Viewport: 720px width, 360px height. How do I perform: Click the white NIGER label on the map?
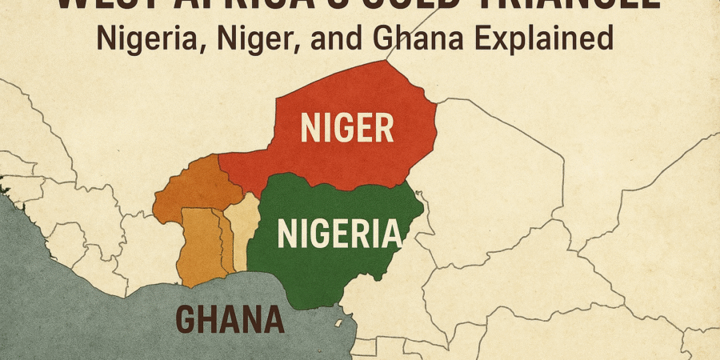[347, 128]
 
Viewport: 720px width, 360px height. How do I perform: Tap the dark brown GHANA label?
[230, 319]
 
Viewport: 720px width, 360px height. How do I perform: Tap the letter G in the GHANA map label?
[186, 319]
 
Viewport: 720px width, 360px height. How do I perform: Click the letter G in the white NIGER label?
[340, 128]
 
